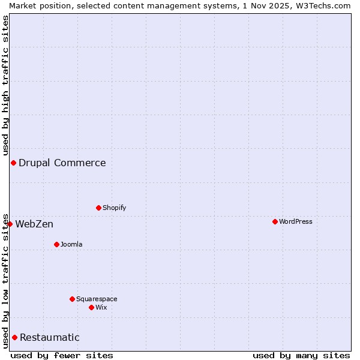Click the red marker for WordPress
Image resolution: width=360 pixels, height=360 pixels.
(275, 222)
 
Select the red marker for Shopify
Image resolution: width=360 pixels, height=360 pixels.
(98, 208)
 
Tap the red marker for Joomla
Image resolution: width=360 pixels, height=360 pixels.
(56, 245)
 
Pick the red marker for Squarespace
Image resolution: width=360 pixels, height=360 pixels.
(72, 299)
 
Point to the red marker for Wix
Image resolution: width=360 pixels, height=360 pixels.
(91, 308)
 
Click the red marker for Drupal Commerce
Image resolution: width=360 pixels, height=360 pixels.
(13, 163)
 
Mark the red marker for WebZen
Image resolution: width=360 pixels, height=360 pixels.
(10, 224)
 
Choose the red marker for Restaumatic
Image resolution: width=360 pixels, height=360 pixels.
(14, 338)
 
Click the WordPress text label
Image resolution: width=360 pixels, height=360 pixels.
(296, 222)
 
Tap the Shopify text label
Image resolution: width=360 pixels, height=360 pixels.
(115, 208)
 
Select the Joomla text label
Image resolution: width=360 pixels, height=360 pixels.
(71, 245)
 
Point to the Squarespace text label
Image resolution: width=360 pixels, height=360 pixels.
(97, 299)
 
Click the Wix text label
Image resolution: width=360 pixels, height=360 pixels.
(101, 308)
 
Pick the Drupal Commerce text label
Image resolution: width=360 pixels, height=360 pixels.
(62, 163)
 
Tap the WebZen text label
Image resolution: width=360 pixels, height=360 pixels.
(34, 224)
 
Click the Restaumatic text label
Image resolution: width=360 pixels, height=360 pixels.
(50, 338)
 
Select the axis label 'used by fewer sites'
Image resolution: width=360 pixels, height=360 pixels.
(62, 355)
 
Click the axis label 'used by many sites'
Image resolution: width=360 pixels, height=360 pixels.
(301, 355)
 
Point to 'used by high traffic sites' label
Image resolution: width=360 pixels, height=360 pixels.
(6, 85)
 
